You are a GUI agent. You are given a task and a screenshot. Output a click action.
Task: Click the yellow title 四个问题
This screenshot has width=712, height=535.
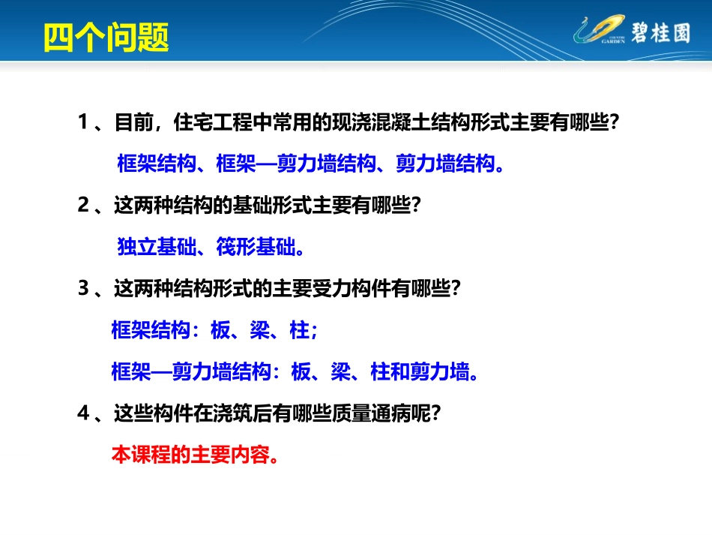point(105,37)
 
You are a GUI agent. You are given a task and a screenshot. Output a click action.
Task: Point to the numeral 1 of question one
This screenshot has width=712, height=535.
point(83,122)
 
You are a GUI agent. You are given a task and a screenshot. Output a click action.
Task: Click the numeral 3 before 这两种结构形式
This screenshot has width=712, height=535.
point(83,288)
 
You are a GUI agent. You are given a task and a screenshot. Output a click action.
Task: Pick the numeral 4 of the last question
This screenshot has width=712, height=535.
point(83,413)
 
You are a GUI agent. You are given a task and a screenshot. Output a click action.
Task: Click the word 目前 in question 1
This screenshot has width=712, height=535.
point(133,122)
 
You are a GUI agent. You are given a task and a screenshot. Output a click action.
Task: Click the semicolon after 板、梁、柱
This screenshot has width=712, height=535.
point(313,331)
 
